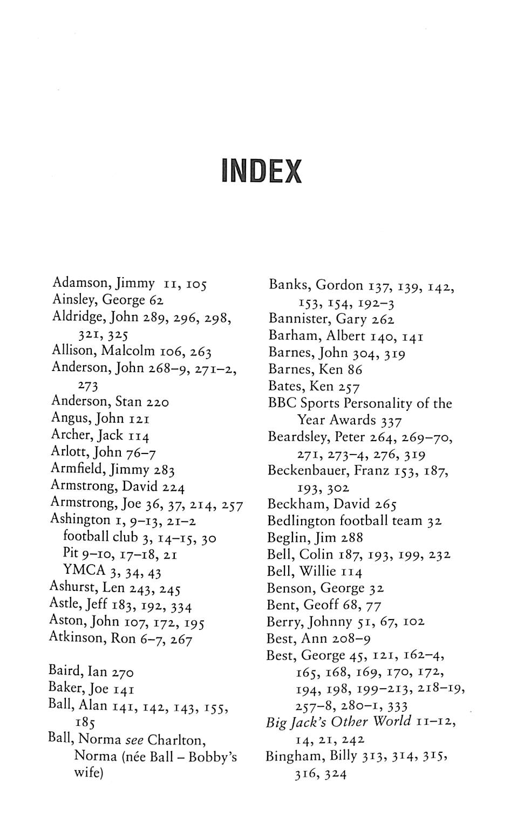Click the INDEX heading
[x=262, y=171]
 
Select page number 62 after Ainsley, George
[x=156, y=300]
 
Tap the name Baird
[x=62, y=671]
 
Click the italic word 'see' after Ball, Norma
[x=134, y=739]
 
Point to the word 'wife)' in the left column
[x=89, y=773]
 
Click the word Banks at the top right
[x=288, y=285]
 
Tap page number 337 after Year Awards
[x=391, y=420]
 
